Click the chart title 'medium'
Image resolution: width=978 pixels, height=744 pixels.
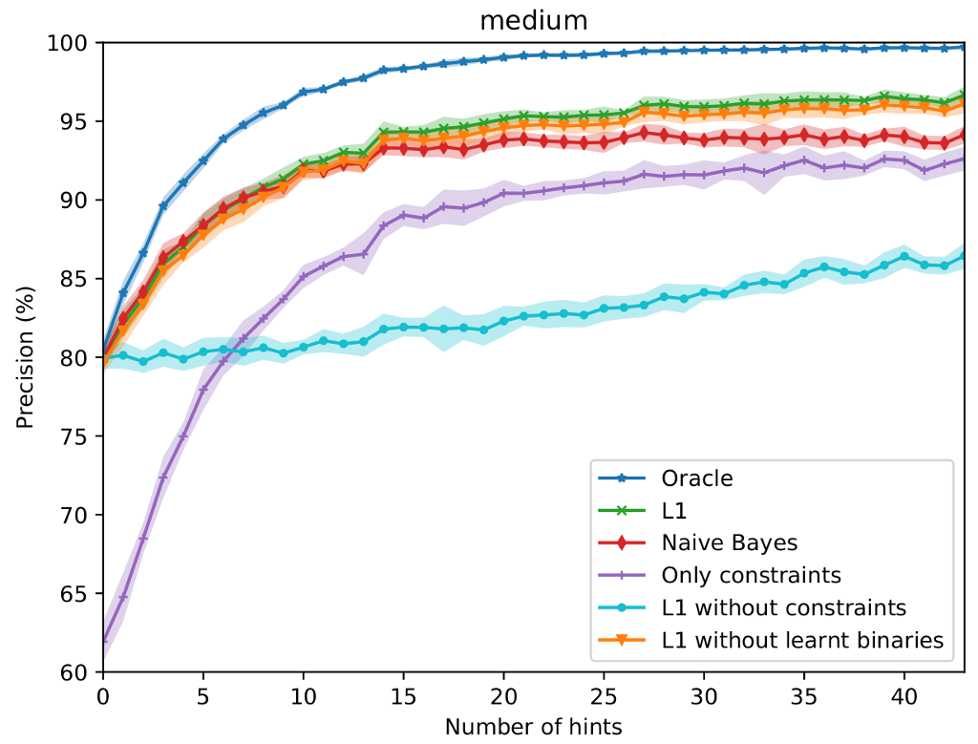pos(534,19)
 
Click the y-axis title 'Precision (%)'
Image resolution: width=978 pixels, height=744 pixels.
pos(25,357)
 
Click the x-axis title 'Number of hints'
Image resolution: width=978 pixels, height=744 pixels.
pos(534,727)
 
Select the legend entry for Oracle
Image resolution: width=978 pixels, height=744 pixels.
pos(696,478)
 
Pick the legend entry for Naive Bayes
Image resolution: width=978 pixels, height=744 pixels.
pos(729,542)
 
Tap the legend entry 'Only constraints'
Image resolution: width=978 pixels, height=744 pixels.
pos(751,575)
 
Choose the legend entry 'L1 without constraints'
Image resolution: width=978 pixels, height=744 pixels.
pos(782,607)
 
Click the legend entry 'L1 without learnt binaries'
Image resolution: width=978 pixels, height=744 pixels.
pos(801,640)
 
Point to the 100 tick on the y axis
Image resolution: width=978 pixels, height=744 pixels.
pos(73,44)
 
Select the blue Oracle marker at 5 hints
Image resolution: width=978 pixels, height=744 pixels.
pos(203,160)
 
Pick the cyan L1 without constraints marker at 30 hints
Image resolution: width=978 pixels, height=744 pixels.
pos(704,293)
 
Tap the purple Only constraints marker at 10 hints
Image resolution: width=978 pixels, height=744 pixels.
pos(304,277)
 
